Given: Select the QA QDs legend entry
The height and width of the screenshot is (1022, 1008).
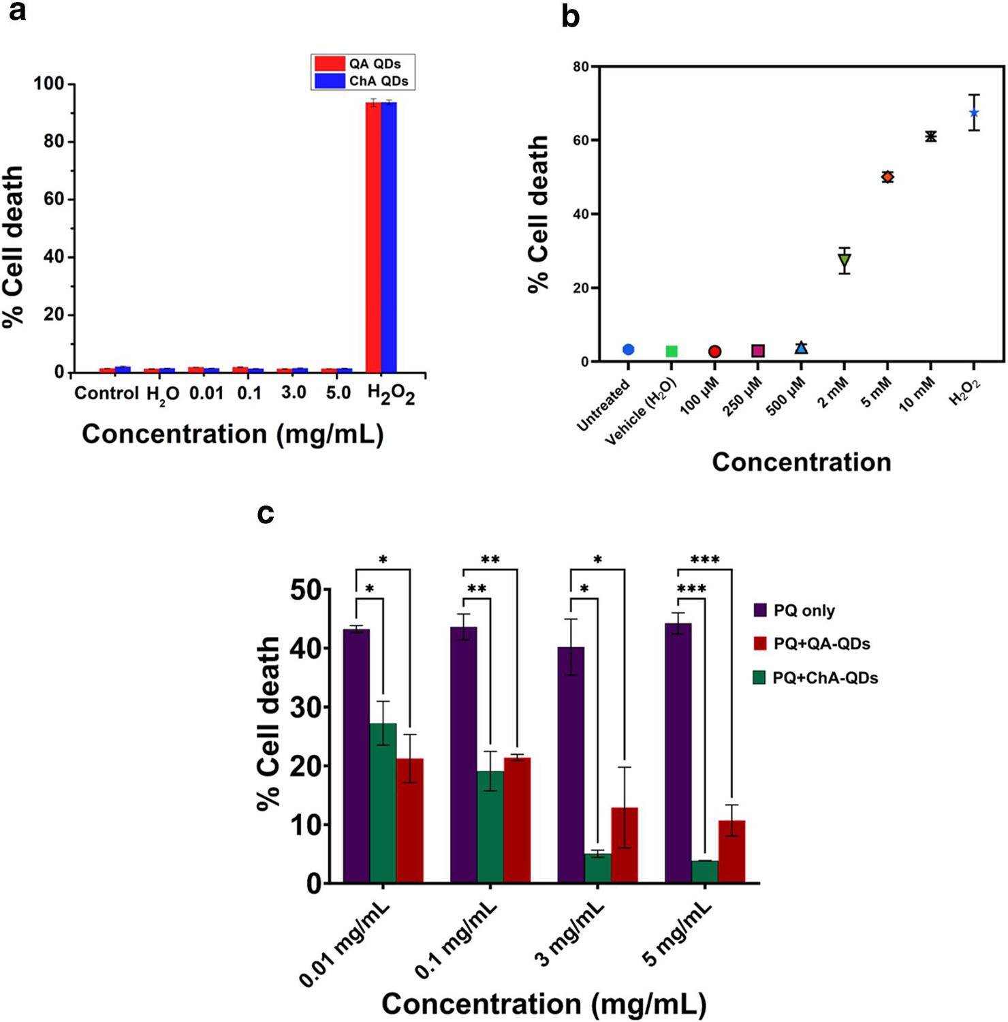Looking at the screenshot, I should tap(362, 64).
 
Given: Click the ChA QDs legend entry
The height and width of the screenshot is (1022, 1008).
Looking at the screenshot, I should tap(362, 81).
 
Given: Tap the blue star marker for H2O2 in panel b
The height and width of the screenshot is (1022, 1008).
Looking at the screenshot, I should tap(974, 112).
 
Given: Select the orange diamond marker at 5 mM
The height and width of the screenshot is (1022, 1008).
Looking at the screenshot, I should tap(887, 177).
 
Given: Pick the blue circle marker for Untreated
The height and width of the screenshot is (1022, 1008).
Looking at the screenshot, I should tap(629, 350).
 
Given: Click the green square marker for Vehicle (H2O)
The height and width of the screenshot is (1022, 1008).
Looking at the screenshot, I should tap(672, 351).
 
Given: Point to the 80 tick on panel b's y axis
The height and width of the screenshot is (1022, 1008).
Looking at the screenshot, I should tap(580, 67).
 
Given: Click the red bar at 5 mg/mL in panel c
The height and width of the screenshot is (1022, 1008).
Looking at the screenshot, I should tap(732, 852).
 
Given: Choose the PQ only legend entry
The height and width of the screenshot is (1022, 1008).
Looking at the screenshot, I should tap(794, 610).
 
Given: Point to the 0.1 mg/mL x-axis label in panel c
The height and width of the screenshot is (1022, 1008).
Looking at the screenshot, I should tap(457, 942).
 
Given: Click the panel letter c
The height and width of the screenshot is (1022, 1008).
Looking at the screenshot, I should tap(266, 514).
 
